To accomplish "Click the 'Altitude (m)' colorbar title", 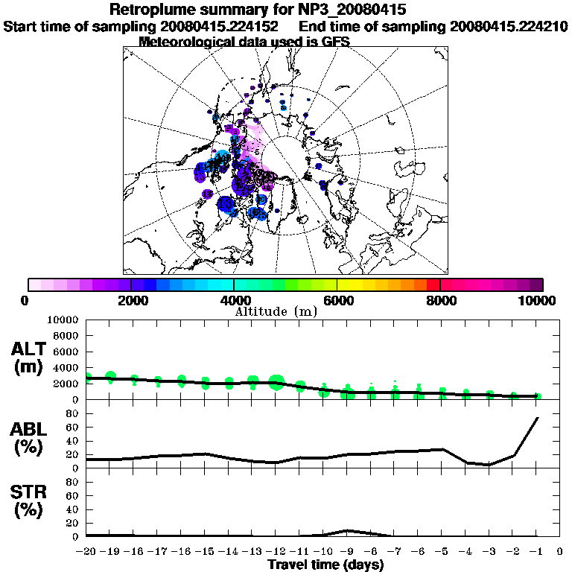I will (x=276, y=311).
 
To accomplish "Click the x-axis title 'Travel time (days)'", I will (x=325, y=565).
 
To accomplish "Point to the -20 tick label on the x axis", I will (x=87, y=552).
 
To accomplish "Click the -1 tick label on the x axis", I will (x=537, y=552).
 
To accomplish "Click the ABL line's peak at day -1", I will (x=537, y=418).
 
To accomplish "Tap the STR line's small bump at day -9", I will (x=347, y=530).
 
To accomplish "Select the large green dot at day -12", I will (x=276, y=383).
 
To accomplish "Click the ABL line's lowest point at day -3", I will (x=489, y=465).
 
